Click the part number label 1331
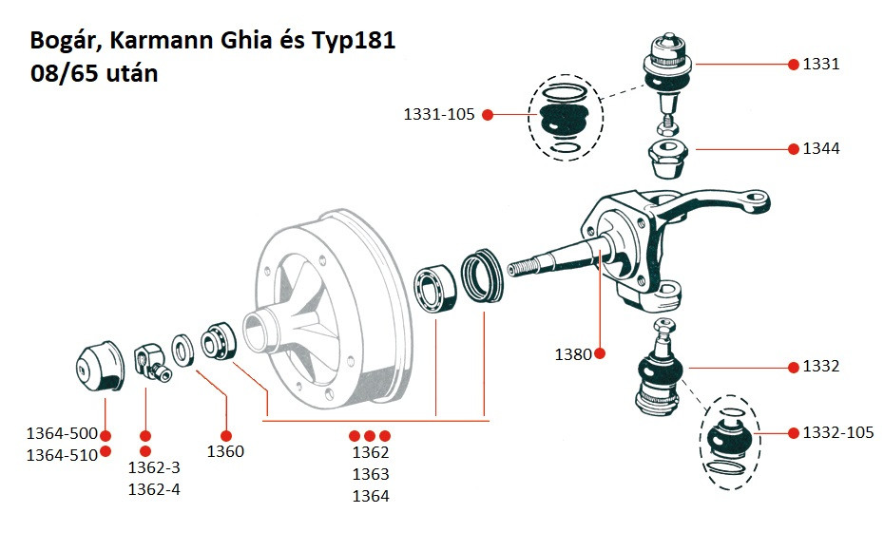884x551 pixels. (x=821, y=64)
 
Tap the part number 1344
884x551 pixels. (x=821, y=148)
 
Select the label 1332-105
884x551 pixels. (x=837, y=432)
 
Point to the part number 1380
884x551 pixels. (x=573, y=353)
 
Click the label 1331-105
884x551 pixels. (x=439, y=114)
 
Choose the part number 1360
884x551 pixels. (x=225, y=451)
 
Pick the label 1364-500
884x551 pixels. (x=62, y=433)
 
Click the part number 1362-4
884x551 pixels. (x=154, y=489)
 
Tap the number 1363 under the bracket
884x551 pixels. (x=371, y=474)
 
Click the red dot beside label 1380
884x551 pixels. (x=600, y=353)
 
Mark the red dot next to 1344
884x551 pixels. (x=794, y=149)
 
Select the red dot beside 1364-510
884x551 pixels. (x=106, y=451)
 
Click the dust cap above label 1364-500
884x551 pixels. (x=100, y=367)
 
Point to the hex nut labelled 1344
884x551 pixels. (x=666, y=159)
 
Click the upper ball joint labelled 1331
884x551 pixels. (x=668, y=73)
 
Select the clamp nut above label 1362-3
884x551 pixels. (x=152, y=363)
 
